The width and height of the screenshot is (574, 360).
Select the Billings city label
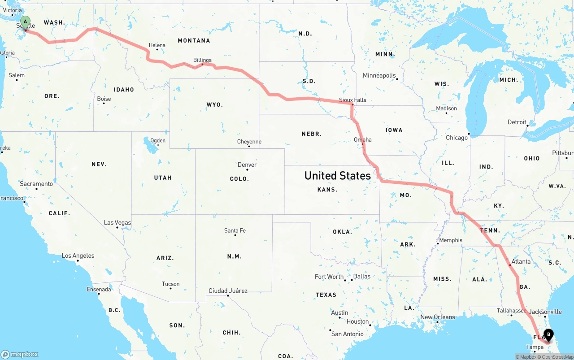point(202,60)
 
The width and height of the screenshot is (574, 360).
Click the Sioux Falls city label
point(352,100)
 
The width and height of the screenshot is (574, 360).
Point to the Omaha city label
point(363,139)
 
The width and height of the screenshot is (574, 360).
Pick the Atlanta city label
point(521,261)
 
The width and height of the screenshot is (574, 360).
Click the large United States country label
point(337,175)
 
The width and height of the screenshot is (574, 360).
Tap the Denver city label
point(247,165)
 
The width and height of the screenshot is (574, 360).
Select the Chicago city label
point(457,138)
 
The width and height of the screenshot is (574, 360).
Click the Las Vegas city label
point(117,222)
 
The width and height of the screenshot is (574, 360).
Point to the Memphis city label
point(451,240)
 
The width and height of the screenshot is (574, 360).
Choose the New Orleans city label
point(437,317)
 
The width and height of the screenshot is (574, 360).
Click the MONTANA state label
point(194,40)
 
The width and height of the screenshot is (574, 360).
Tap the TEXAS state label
point(326,295)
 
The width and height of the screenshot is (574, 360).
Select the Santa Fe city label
point(235,230)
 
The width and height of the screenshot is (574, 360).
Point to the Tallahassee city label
point(511,310)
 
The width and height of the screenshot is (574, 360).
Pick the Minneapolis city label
point(379,75)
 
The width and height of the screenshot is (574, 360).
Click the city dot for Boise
point(104,104)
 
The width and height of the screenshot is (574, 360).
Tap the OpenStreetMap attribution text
point(557,357)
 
